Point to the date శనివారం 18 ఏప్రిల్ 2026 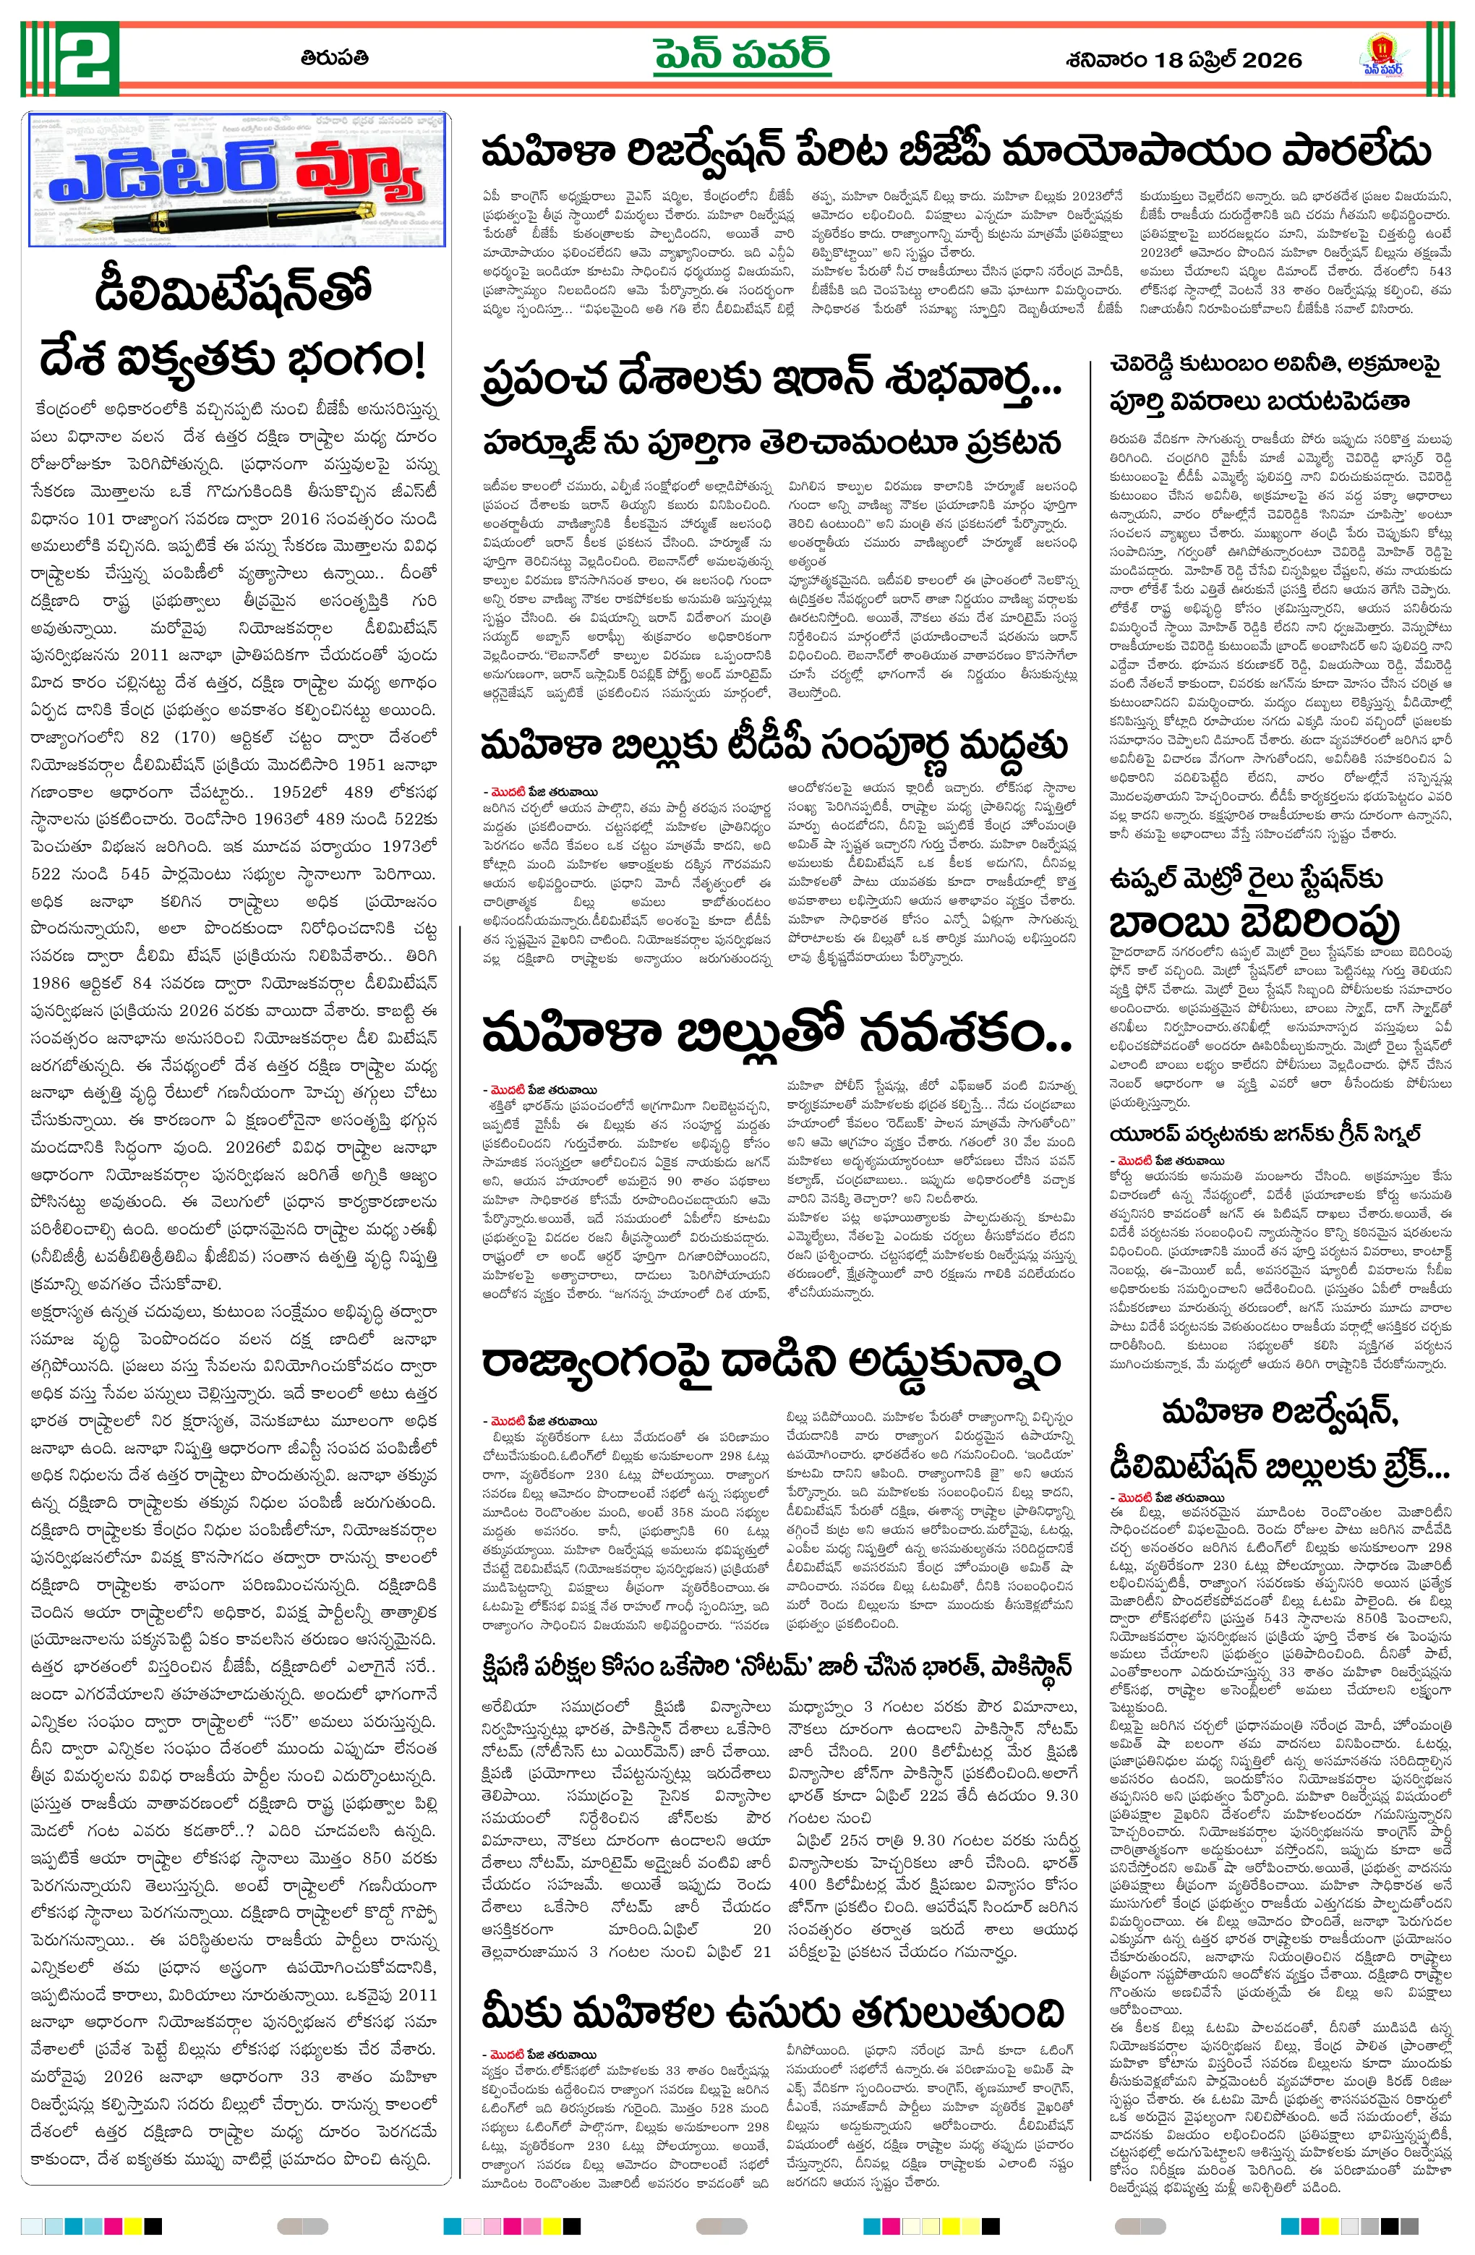[x=1183, y=60]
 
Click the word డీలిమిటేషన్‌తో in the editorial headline [x=233, y=293]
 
